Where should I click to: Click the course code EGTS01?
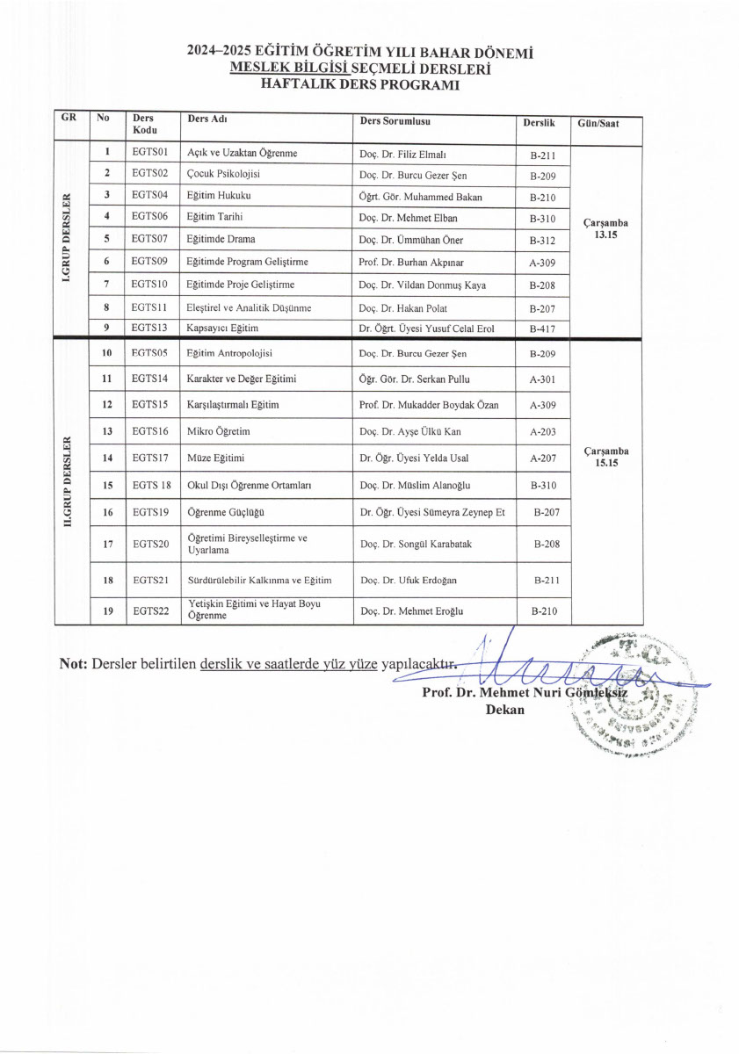[149, 153]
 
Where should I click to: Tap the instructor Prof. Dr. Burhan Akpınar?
[416, 262]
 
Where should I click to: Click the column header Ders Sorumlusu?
[395, 121]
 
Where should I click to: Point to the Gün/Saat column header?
[598, 124]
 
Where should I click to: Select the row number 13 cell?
[107, 431]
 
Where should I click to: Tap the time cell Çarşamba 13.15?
[605, 228]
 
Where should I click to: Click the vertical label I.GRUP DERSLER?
[66, 236]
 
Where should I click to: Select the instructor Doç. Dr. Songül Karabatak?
[416, 545]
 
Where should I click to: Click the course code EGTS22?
[150, 611]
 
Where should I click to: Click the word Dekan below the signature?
[504, 710]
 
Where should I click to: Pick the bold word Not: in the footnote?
[73, 664]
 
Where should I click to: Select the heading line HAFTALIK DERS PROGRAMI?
[360, 85]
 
